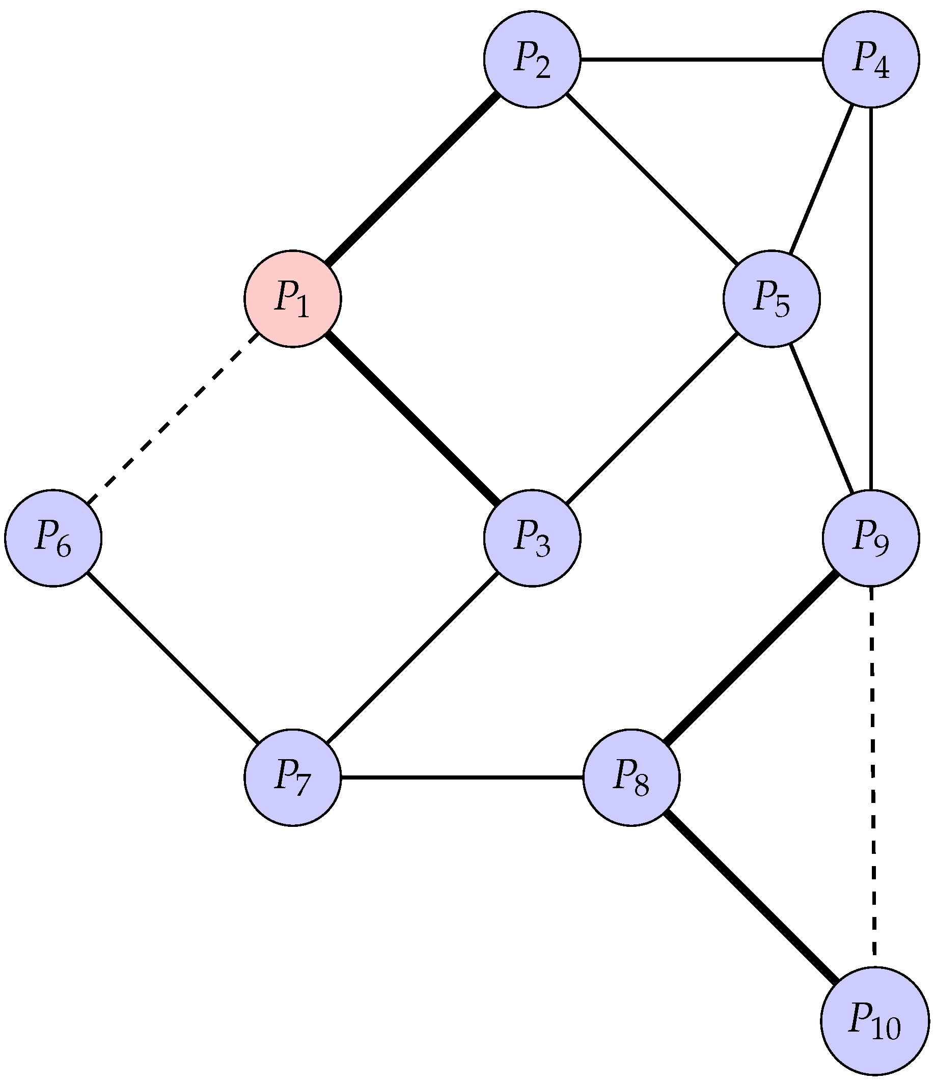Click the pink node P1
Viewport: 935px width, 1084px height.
tap(292, 298)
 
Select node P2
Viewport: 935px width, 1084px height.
tap(532, 59)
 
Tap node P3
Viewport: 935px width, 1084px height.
tap(532, 538)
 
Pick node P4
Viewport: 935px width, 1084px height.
tap(871, 59)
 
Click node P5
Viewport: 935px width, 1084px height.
tap(771, 298)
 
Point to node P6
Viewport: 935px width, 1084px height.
tap(53, 538)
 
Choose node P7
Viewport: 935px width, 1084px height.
tap(292, 777)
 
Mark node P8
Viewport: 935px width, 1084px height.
tap(631, 777)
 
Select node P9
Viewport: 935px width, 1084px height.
tap(871, 538)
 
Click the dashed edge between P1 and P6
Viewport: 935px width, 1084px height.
tap(173, 419)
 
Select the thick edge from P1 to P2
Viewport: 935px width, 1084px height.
tap(413, 179)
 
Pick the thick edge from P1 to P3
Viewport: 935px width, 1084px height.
tap(413, 419)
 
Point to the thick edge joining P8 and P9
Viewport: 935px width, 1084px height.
tap(751, 658)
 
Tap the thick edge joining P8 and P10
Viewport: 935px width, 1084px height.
tap(751, 898)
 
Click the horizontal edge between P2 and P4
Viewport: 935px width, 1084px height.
tap(701, 59)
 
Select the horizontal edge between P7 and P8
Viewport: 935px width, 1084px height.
tap(462, 777)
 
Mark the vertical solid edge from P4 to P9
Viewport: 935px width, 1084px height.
tap(871, 298)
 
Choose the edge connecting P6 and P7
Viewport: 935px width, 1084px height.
tap(173, 658)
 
